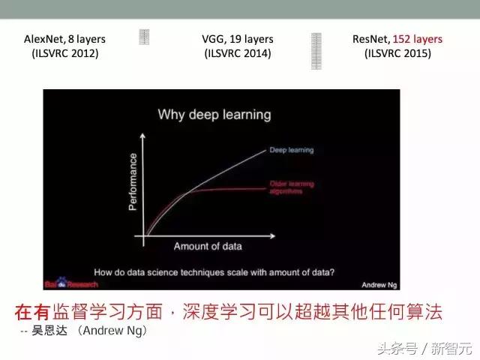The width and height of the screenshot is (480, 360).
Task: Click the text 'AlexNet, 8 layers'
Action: click(x=64, y=39)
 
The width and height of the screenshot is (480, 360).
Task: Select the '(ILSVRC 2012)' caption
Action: click(x=64, y=53)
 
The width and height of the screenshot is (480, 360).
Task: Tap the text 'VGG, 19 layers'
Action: click(x=238, y=39)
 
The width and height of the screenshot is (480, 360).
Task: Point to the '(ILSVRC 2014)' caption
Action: click(x=238, y=53)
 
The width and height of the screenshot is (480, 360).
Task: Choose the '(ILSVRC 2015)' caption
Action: click(x=397, y=53)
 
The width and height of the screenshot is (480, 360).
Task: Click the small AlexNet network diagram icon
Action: click(x=145, y=37)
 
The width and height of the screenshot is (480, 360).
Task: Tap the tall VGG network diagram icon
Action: click(x=316, y=50)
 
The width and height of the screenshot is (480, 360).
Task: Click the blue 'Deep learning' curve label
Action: click(x=292, y=150)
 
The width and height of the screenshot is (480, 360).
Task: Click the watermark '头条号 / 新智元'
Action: click(x=424, y=348)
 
